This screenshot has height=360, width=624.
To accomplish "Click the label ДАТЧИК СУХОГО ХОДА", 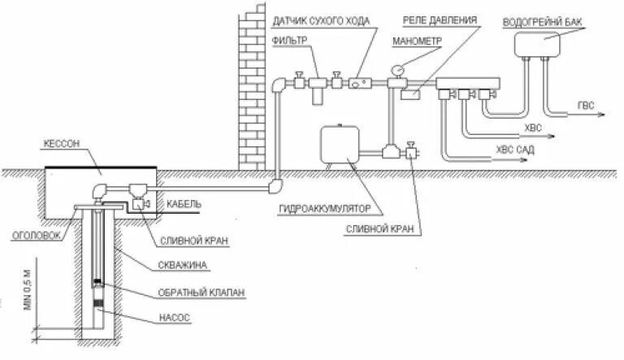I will click(x=323, y=20).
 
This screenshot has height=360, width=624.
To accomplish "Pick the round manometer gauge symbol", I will click(x=398, y=70).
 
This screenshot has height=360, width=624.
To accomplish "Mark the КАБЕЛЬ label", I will click(x=183, y=204).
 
